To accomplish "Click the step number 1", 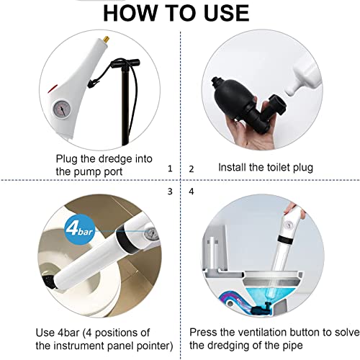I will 169,168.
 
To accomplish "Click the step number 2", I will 191,168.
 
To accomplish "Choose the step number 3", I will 169,192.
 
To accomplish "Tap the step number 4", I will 191,192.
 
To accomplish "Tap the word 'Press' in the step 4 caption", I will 205,333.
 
